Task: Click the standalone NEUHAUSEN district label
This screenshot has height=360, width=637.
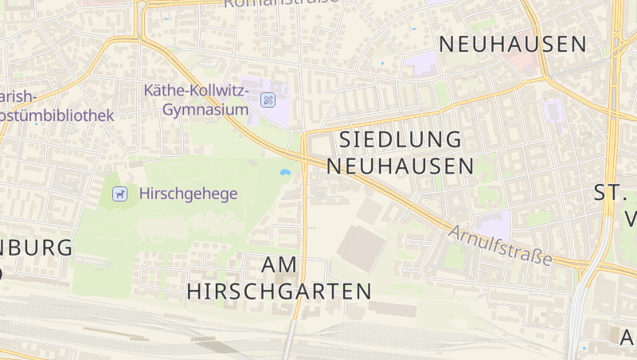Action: coord(512,44)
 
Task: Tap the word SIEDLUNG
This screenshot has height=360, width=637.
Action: coord(401,139)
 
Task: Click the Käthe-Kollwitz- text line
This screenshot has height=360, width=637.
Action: coord(197,92)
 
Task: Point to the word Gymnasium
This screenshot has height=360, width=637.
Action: coord(205,109)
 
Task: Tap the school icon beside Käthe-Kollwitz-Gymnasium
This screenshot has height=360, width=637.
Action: coord(268,100)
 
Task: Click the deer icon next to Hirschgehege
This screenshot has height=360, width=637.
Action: coord(119,193)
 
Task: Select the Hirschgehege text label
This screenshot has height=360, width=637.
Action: coord(188,193)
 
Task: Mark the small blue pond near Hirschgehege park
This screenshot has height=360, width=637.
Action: coord(284,171)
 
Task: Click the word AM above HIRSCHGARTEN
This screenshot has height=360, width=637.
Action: coord(279,264)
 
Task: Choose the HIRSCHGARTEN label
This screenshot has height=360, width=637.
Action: coord(279,291)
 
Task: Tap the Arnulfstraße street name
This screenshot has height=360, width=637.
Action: coord(500,245)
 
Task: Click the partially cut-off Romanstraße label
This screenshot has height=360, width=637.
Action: coord(280,3)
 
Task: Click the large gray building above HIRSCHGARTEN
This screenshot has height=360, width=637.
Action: coord(363,247)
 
